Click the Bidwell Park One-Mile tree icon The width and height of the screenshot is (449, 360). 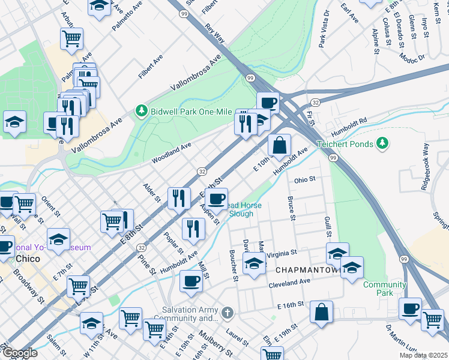tap(142, 110)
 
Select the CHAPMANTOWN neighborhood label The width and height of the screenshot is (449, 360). tap(309, 270)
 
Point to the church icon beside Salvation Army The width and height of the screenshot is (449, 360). tap(226, 313)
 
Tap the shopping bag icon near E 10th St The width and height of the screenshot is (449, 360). tap(280, 145)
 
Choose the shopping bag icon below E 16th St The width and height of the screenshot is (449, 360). tap(322, 312)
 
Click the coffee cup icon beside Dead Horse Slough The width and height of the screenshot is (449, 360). tap(216, 197)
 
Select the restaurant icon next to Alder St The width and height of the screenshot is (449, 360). tap(178, 199)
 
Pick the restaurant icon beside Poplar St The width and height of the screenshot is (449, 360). tap(193, 229)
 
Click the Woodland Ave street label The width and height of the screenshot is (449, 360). tap(171, 152)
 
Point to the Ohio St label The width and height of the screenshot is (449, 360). tap(304, 179)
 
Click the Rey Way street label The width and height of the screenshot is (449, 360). tap(214, 34)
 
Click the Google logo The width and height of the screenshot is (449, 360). tap(19, 353)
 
